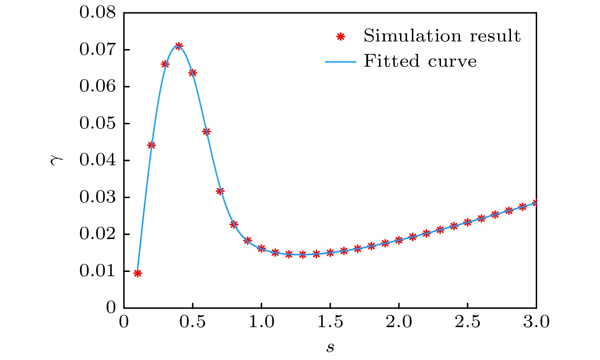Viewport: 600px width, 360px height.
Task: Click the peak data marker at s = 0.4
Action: tap(179, 46)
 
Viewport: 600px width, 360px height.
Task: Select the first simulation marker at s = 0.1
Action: tap(138, 273)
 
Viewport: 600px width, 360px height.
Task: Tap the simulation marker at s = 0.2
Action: tap(151, 145)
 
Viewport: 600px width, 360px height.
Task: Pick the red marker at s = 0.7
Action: tap(220, 191)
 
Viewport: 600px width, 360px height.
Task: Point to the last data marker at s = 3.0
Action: tap(536, 203)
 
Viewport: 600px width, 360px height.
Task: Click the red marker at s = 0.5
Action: tap(192, 73)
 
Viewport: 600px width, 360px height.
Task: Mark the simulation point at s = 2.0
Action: tap(399, 240)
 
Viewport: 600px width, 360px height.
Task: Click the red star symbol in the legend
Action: tap(340, 36)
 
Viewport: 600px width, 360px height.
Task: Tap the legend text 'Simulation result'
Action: tap(442, 36)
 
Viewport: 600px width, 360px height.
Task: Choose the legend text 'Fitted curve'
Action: tap(420, 61)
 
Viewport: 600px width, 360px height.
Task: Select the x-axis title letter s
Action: tap(330, 348)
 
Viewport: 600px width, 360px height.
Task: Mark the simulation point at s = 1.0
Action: tap(261, 249)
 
